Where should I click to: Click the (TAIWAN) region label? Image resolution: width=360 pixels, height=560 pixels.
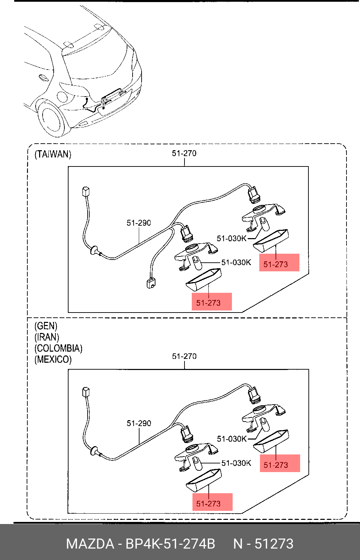click(x=53, y=154)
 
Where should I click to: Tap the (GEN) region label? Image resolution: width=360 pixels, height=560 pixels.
click(x=46, y=326)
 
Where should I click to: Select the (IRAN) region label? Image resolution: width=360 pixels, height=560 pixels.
click(x=47, y=337)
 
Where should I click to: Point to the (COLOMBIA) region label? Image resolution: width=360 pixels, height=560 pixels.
click(x=58, y=348)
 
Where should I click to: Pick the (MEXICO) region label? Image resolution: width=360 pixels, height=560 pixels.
click(x=53, y=359)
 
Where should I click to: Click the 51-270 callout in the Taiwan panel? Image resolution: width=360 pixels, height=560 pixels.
click(x=184, y=153)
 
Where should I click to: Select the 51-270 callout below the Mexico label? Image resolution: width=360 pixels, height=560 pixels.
click(x=184, y=356)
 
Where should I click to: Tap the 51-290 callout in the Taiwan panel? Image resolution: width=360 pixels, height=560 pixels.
click(x=139, y=223)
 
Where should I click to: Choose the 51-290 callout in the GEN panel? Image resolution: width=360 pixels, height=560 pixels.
click(x=139, y=423)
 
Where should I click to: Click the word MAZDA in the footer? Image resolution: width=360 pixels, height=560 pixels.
click(x=90, y=544)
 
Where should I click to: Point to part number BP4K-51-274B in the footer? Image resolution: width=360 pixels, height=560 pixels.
click(x=170, y=544)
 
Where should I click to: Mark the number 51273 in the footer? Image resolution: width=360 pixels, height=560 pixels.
click(x=274, y=544)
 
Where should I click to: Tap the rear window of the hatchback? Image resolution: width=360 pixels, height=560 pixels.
click(x=97, y=62)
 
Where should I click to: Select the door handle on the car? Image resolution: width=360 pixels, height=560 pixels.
click(x=43, y=78)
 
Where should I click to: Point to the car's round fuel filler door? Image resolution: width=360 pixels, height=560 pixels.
click(x=62, y=96)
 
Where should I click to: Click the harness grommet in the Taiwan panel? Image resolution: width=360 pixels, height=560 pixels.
click(x=93, y=250)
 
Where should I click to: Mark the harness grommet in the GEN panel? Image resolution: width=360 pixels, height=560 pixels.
click(x=93, y=451)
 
